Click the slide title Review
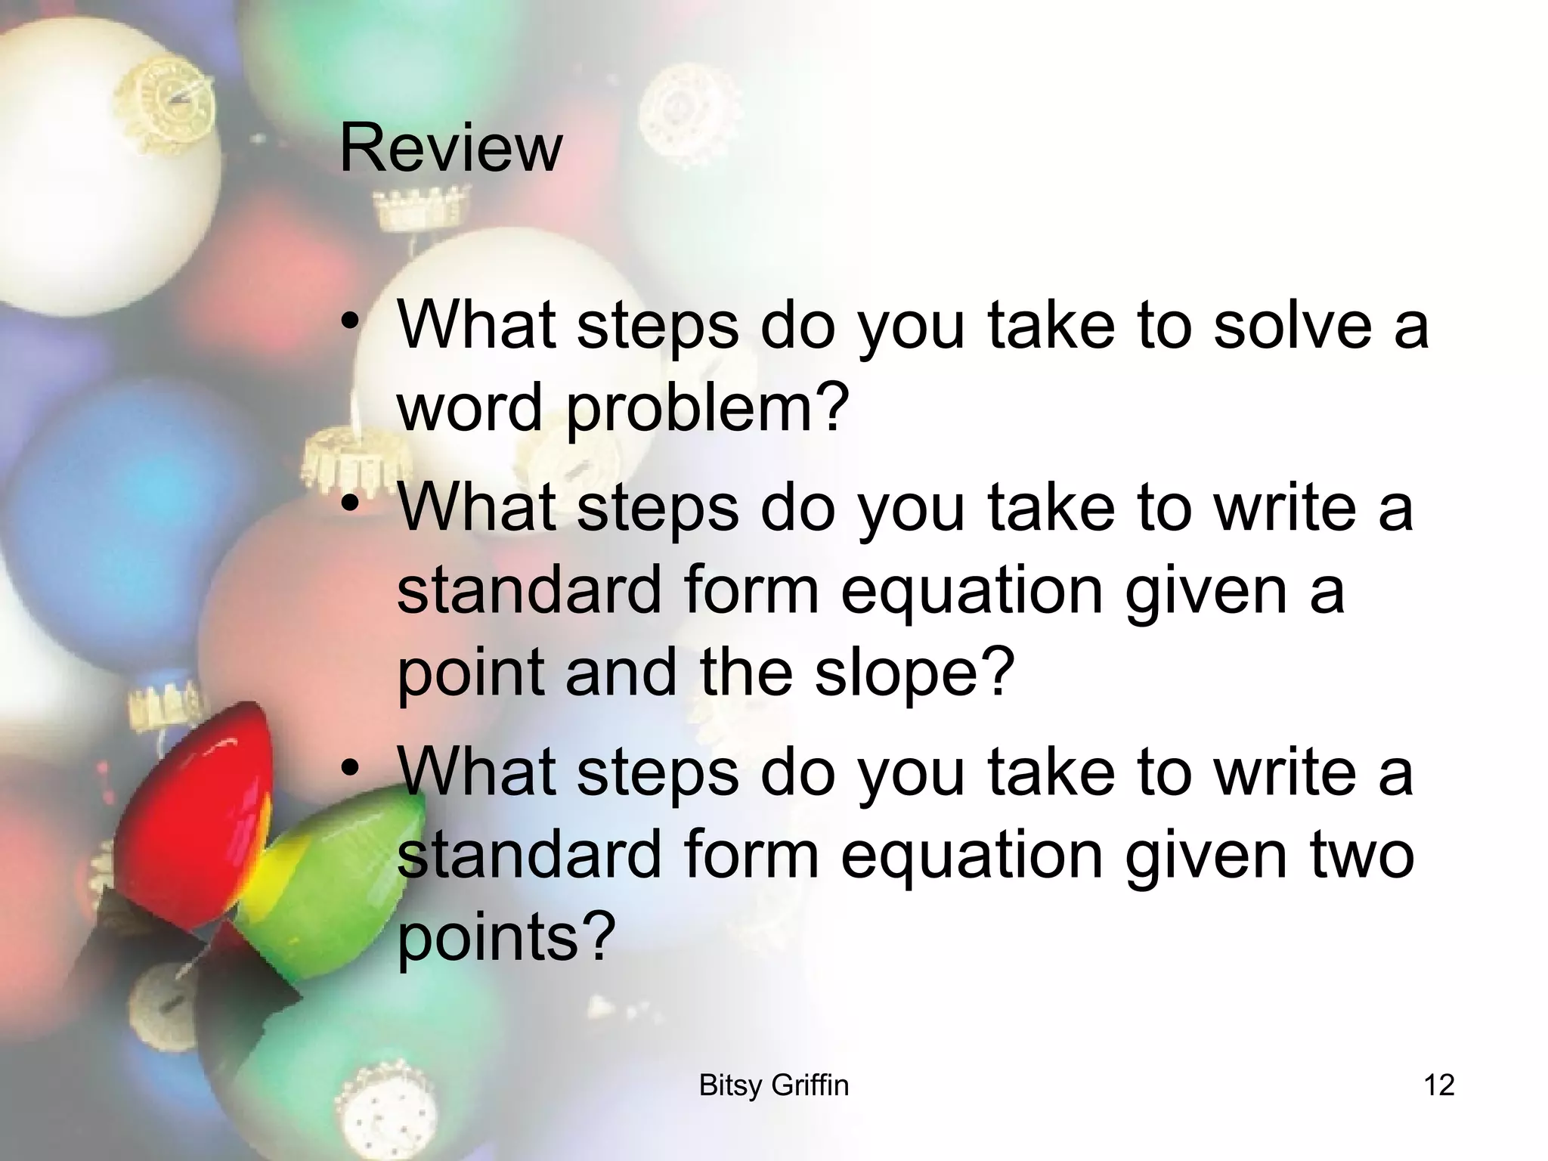tap(450, 148)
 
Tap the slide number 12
tap(1438, 1085)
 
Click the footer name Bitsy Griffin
tap(774, 1085)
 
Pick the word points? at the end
tap(503, 937)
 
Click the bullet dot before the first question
tap(349, 321)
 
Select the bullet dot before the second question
tap(349, 503)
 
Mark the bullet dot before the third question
tap(349, 769)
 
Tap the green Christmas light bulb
tap(333, 869)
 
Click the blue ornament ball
tap(128, 484)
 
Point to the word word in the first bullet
tap(469, 408)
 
